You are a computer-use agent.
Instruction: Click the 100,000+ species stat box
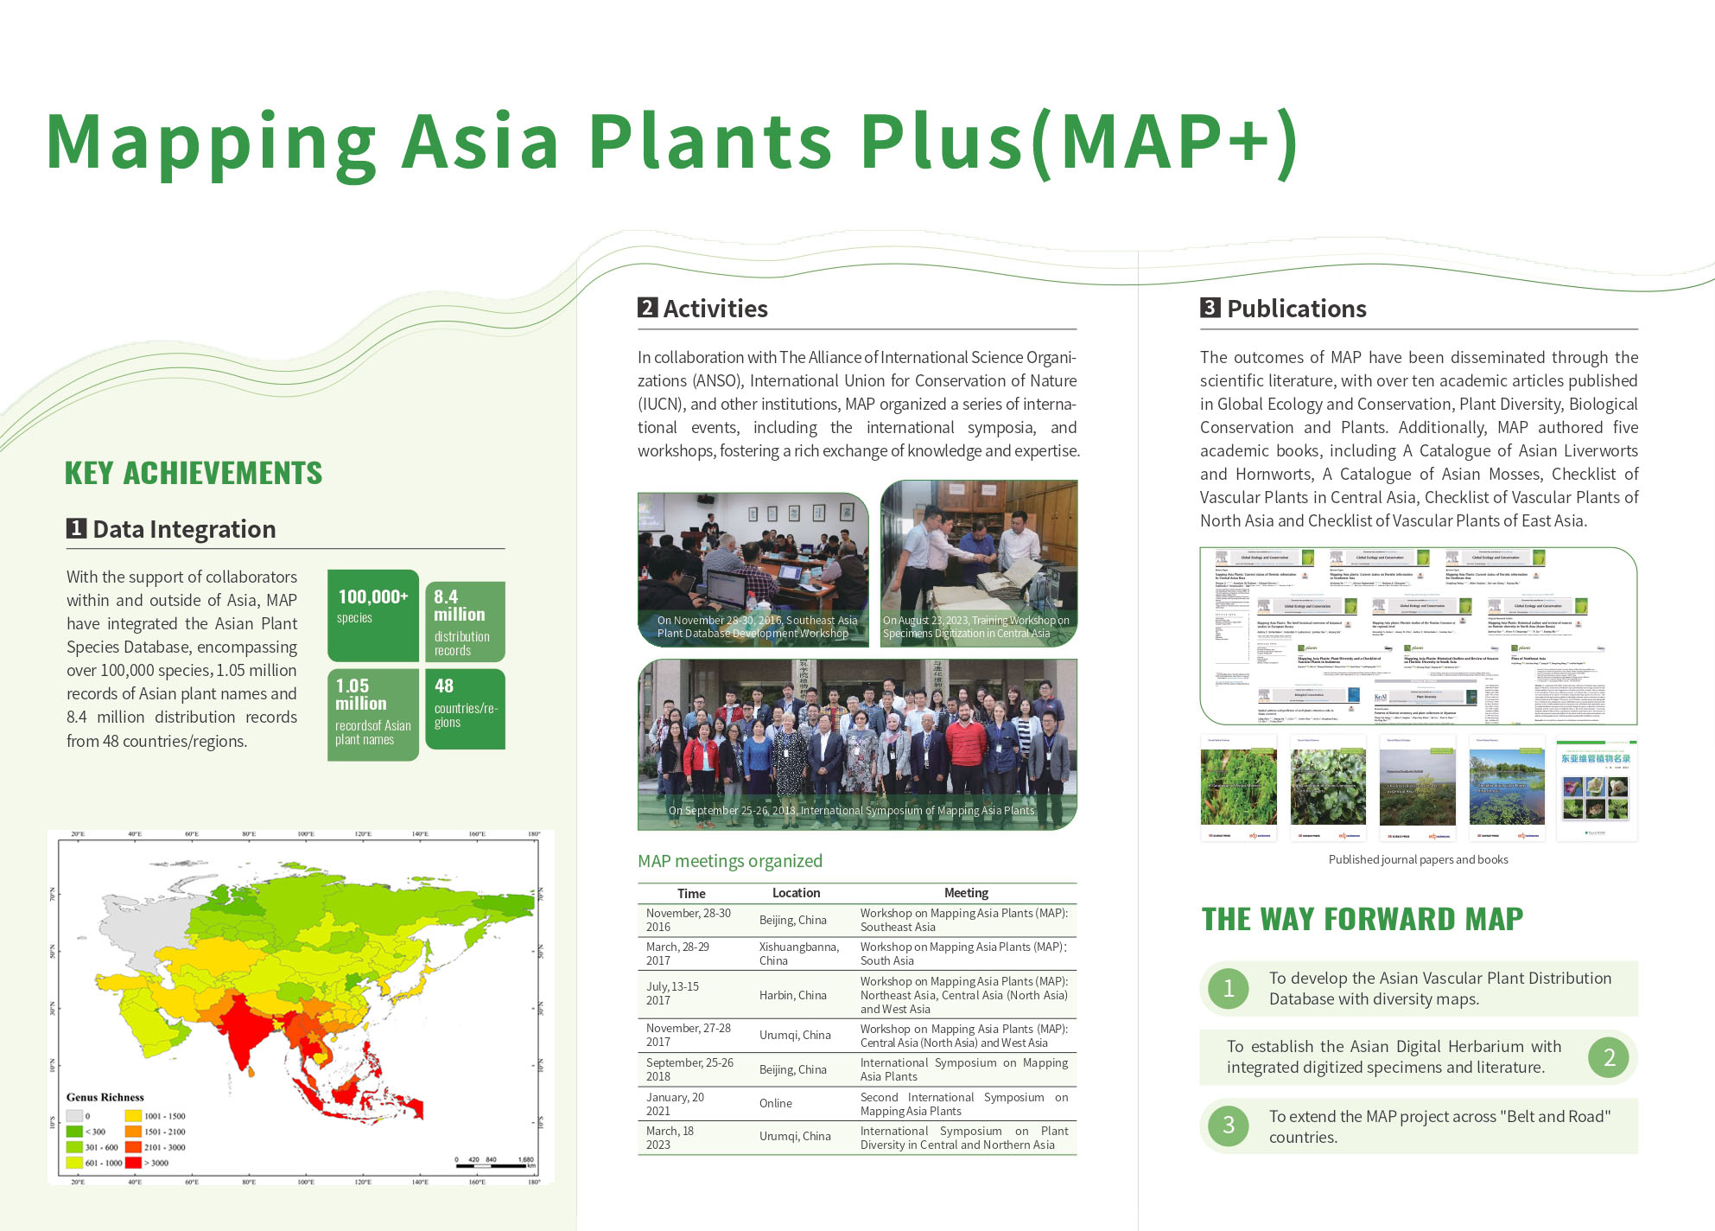click(x=372, y=615)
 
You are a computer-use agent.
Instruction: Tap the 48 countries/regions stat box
click(x=465, y=708)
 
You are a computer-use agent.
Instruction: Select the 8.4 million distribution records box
click(x=465, y=622)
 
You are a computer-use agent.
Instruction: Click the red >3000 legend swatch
click(x=133, y=1163)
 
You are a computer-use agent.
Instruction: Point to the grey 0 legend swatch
click(x=74, y=1116)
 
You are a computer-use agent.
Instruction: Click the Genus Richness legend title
click(x=105, y=1097)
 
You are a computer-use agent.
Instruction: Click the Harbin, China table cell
click(x=792, y=995)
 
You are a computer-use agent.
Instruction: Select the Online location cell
click(x=775, y=1103)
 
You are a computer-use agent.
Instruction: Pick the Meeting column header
click(x=965, y=893)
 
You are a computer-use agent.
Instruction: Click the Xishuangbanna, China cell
click(x=798, y=954)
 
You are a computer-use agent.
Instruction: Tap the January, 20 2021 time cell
click(x=675, y=1104)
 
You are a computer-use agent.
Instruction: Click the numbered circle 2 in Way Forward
click(x=1609, y=1057)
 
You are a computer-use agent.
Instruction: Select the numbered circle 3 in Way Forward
click(x=1228, y=1126)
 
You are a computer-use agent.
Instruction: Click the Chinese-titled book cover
click(x=1596, y=788)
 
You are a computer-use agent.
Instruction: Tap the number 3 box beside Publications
click(x=1210, y=308)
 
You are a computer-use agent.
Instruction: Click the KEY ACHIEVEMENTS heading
click(x=193, y=473)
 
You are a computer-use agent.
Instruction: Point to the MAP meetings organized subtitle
click(x=729, y=861)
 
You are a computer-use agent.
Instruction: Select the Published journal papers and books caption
click(x=1418, y=859)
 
